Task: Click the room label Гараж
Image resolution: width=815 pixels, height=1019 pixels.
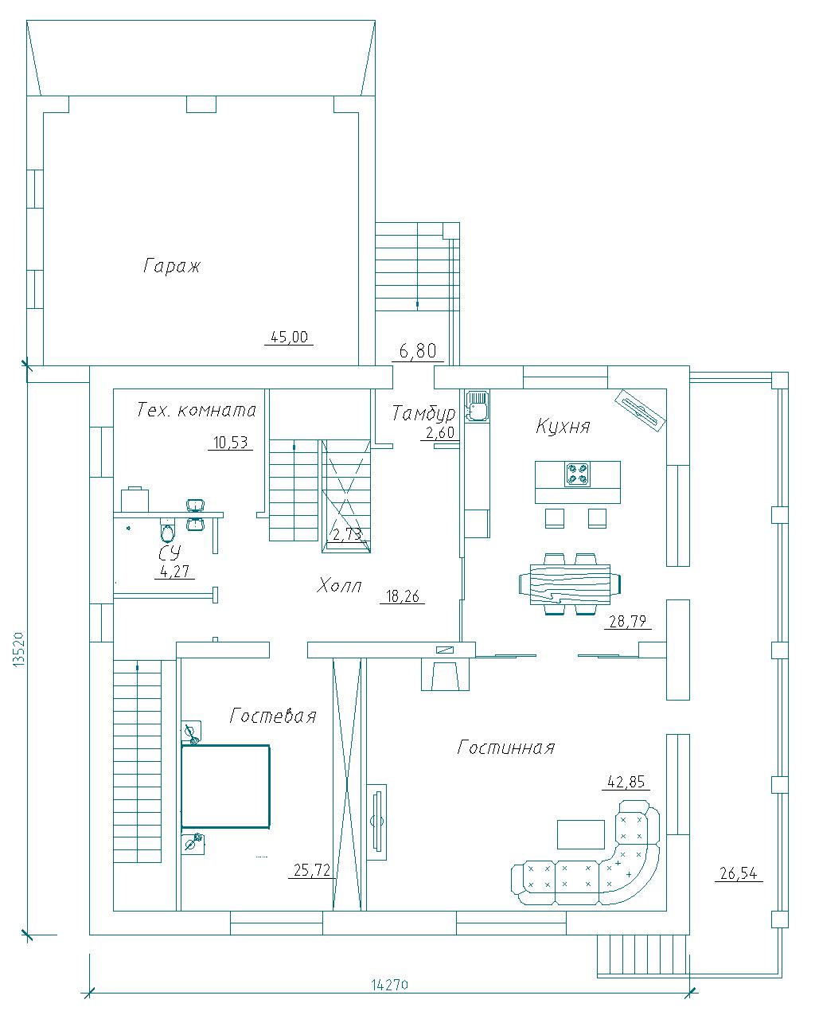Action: [171, 266]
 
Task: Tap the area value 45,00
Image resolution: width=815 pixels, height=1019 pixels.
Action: [289, 337]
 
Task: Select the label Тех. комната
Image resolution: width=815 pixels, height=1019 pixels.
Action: [196, 409]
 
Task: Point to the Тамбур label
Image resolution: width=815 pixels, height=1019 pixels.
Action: [424, 414]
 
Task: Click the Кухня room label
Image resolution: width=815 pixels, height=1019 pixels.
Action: [563, 426]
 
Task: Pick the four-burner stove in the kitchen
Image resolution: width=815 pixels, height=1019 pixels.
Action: [577, 474]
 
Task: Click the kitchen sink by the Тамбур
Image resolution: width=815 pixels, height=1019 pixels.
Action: [477, 405]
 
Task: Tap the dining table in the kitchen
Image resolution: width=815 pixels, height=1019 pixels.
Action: [570, 584]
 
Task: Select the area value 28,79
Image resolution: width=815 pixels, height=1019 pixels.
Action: [627, 621]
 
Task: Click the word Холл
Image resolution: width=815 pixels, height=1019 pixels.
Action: [339, 586]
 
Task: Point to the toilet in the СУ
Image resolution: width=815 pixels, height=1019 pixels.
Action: [166, 530]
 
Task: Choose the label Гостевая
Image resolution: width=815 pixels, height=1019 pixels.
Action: [273, 716]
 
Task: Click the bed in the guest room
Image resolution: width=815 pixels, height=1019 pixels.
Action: [225, 787]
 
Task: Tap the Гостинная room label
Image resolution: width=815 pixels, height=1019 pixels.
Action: [505, 748]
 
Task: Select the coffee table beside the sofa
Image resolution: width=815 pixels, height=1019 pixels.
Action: [580, 834]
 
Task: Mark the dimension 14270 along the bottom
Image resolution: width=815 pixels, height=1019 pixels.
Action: [389, 981]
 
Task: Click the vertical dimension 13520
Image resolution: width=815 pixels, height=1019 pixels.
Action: [18, 649]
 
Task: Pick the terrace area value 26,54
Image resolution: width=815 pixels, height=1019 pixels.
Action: [739, 873]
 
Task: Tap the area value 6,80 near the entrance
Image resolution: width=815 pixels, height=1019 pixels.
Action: [418, 351]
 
